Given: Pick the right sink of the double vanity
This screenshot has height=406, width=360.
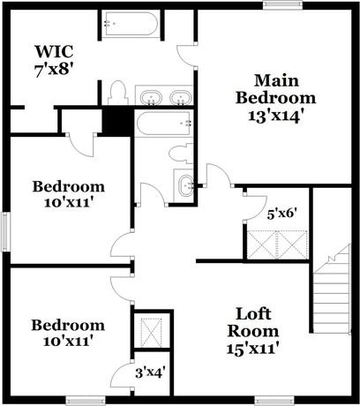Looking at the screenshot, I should point(179,96).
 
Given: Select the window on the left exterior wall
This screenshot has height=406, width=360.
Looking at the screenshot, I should point(4,231).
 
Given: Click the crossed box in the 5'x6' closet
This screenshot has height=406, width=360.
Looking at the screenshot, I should point(274,240).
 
